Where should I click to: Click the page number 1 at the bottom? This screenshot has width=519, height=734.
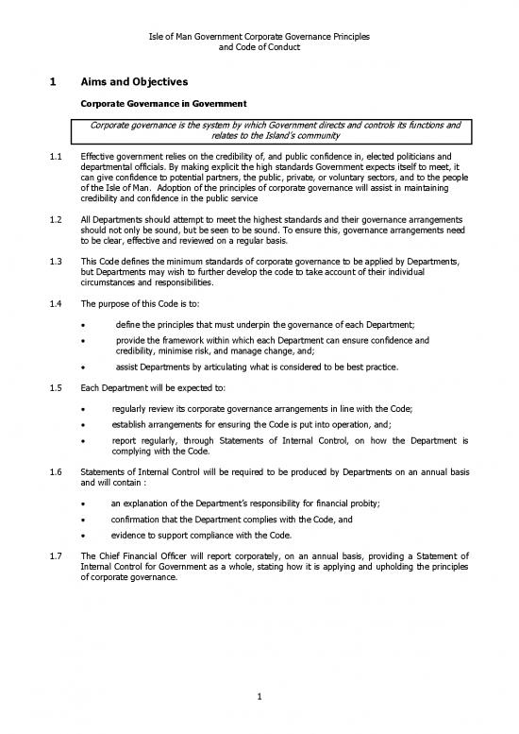click(259, 698)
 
